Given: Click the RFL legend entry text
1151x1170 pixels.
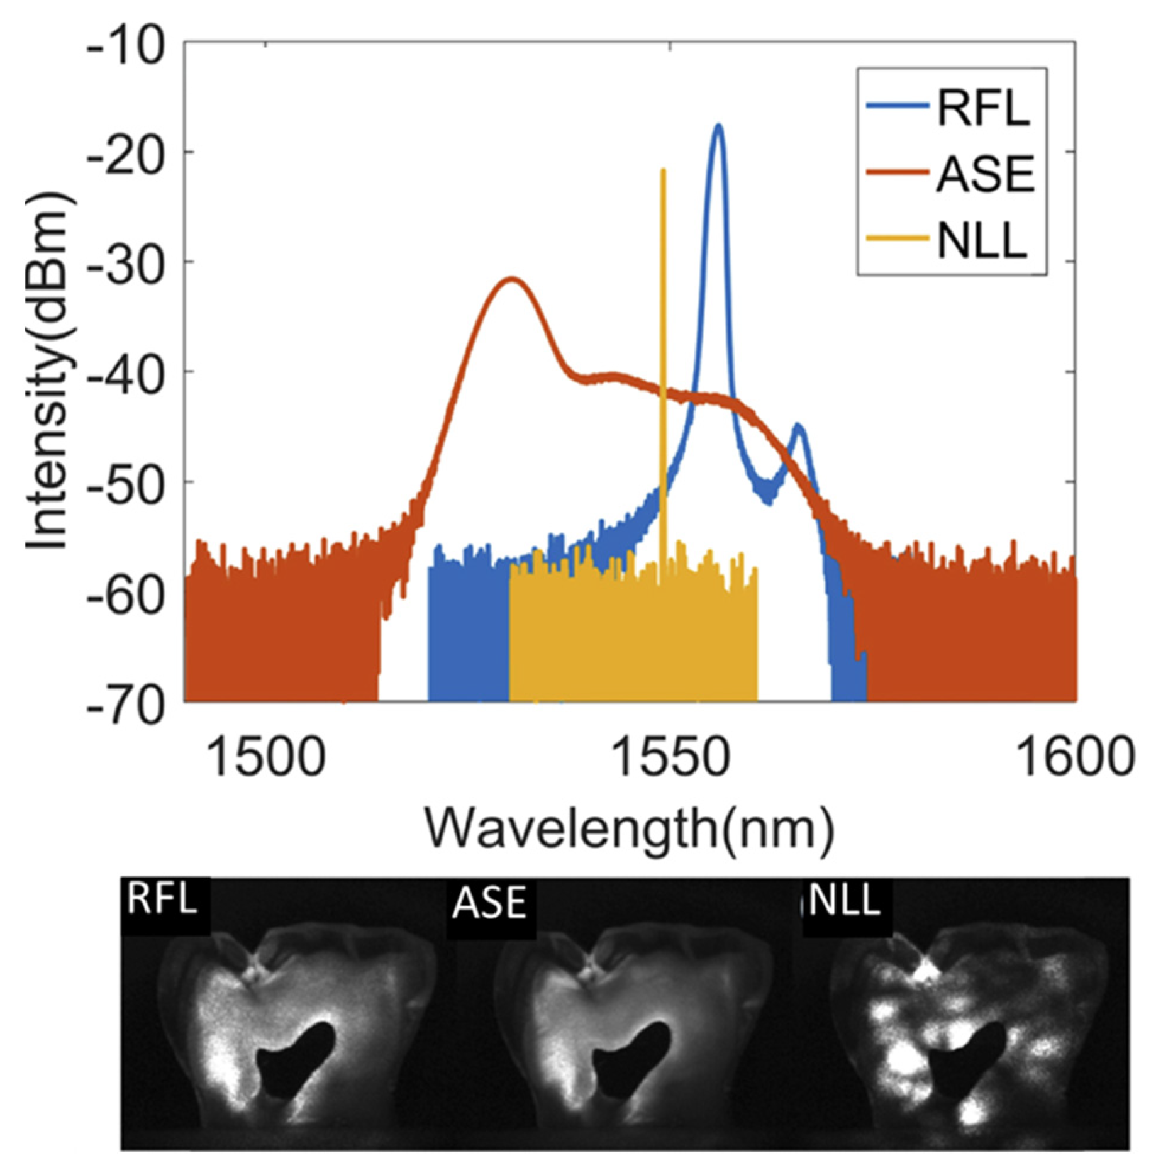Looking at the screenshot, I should pos(983,108).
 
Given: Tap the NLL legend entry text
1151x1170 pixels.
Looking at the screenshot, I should pos(982,241).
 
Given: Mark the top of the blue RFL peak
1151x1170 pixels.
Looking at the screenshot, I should pos(718,126).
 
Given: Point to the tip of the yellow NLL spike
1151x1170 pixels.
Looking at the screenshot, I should pos(663,170).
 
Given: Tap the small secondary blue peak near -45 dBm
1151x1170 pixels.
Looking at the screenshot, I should pos(799,426).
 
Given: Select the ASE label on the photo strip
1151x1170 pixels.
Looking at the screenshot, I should pos(489,903).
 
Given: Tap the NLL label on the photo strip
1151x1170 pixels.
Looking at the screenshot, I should pos(844,900).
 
